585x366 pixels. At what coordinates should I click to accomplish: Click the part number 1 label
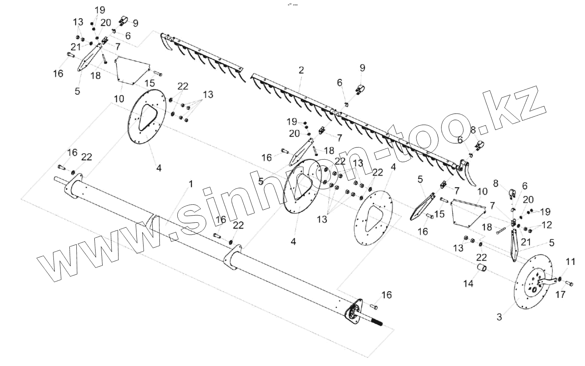coord(191,184)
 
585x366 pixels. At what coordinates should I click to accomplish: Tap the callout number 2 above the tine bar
coord(301,71)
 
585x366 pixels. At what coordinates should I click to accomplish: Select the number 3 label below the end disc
coord(499,317)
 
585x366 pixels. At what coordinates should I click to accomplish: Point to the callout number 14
coord(468,284)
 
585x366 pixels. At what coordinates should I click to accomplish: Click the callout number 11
coord(570,262)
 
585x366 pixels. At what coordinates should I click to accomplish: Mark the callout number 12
coord(547,225)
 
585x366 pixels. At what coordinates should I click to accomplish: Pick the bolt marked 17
coord(569,284)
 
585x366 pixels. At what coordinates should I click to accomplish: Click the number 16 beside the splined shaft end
coord(387,295)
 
